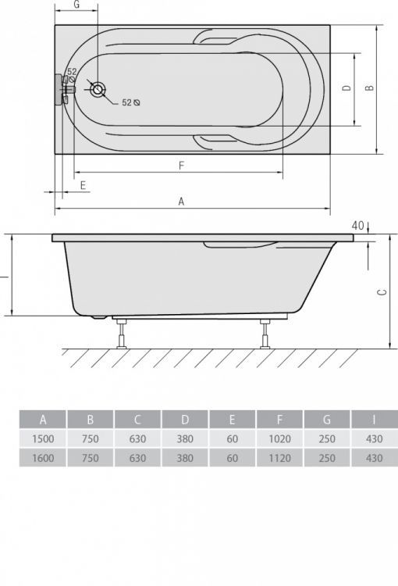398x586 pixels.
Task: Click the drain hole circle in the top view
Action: pyautogui.click(x=98, y=89)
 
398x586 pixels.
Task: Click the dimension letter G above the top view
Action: pyautogui.click(x=76, y=5)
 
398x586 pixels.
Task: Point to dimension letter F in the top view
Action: pyautogui.click(x=180, y=165)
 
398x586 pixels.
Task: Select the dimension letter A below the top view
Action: pyautogui.click(x=181, y=201)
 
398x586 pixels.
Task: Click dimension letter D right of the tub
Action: pyautogui.click(x=346, y=89)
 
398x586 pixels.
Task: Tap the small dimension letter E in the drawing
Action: pyautogui.click(x=84, y=185)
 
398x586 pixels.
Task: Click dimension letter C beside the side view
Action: pyautogui.click(x=380, y=292)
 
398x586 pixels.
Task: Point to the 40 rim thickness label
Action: pyautogui.click(x=358, y=226)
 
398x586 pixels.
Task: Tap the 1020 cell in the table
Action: pyautogui.click(x=279, y=439)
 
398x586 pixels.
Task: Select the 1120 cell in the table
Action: pyautogui.click(x=279, y=459)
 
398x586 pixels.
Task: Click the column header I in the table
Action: pyautogui.click(x=374, y=420)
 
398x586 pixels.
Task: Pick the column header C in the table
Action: pyautogui.click(x=137, y=420)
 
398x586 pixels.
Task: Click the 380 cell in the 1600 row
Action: pyautogui.click(x=184, y=459)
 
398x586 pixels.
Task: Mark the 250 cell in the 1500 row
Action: pyautogui.click(x=326, y=439)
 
